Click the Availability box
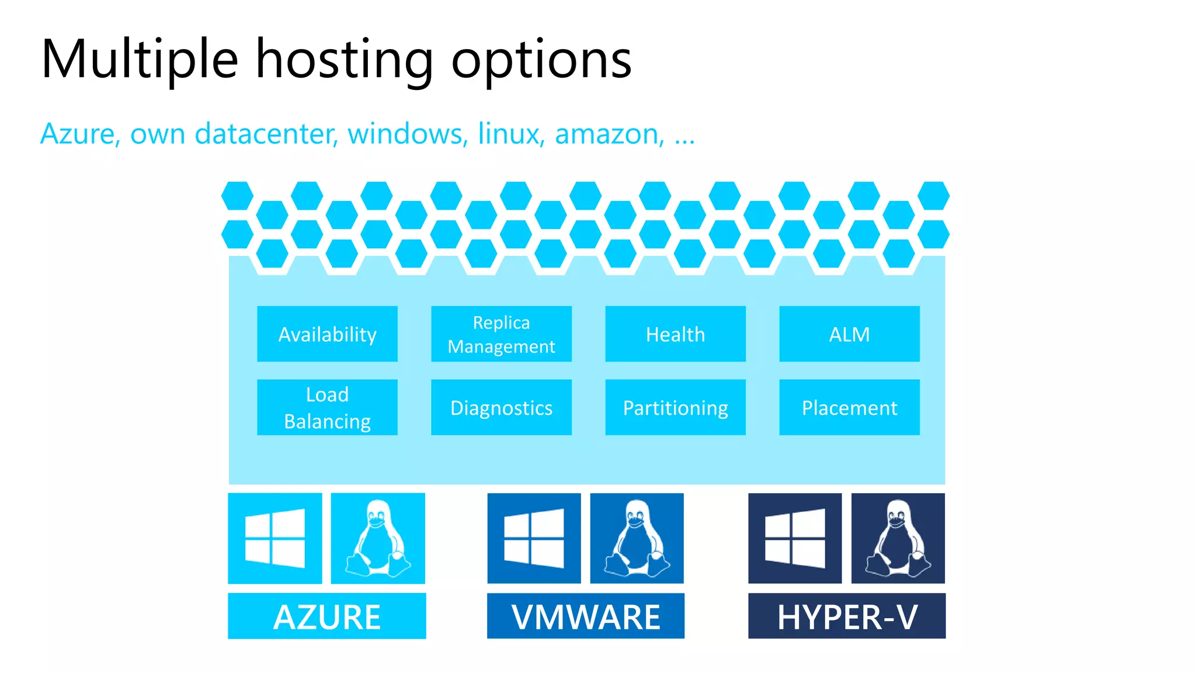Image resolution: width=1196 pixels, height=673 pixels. pos(327,334)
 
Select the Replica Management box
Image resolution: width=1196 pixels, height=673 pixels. pos(501,334)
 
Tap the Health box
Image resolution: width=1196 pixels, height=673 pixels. pos(675,334)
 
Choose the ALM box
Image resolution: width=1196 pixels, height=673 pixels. pos(849,334)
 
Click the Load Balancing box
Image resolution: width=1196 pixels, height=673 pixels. pos(327,407)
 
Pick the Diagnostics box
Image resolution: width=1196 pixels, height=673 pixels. pos(501,407)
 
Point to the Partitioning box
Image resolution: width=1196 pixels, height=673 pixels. pos(675,407)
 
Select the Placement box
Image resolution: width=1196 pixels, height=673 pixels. pos(849,407)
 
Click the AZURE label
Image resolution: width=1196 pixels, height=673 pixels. pos(327,616)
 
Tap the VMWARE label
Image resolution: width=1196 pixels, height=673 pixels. pos(586,616)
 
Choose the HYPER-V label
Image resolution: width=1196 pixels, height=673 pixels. pos(847,616)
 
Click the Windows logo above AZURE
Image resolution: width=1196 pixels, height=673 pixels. pos(275,538)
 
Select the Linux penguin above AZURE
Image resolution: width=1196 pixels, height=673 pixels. pos(378,538)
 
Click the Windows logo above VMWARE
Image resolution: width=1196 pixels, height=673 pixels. pos(534,538)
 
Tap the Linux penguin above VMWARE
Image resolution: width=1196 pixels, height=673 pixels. pos(637,538)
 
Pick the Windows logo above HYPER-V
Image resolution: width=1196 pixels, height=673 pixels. pos(795,538)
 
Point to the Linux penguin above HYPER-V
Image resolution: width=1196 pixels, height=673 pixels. pos(898,538)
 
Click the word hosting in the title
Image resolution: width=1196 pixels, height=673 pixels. pos(345,60)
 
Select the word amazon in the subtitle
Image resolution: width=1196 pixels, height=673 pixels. pos(609,134)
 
